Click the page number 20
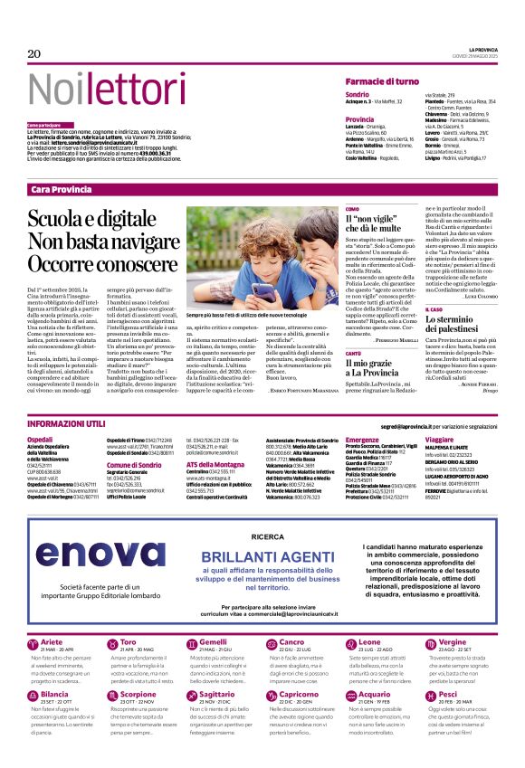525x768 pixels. tap(34, 54)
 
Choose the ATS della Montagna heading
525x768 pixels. tap(216, 463)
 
